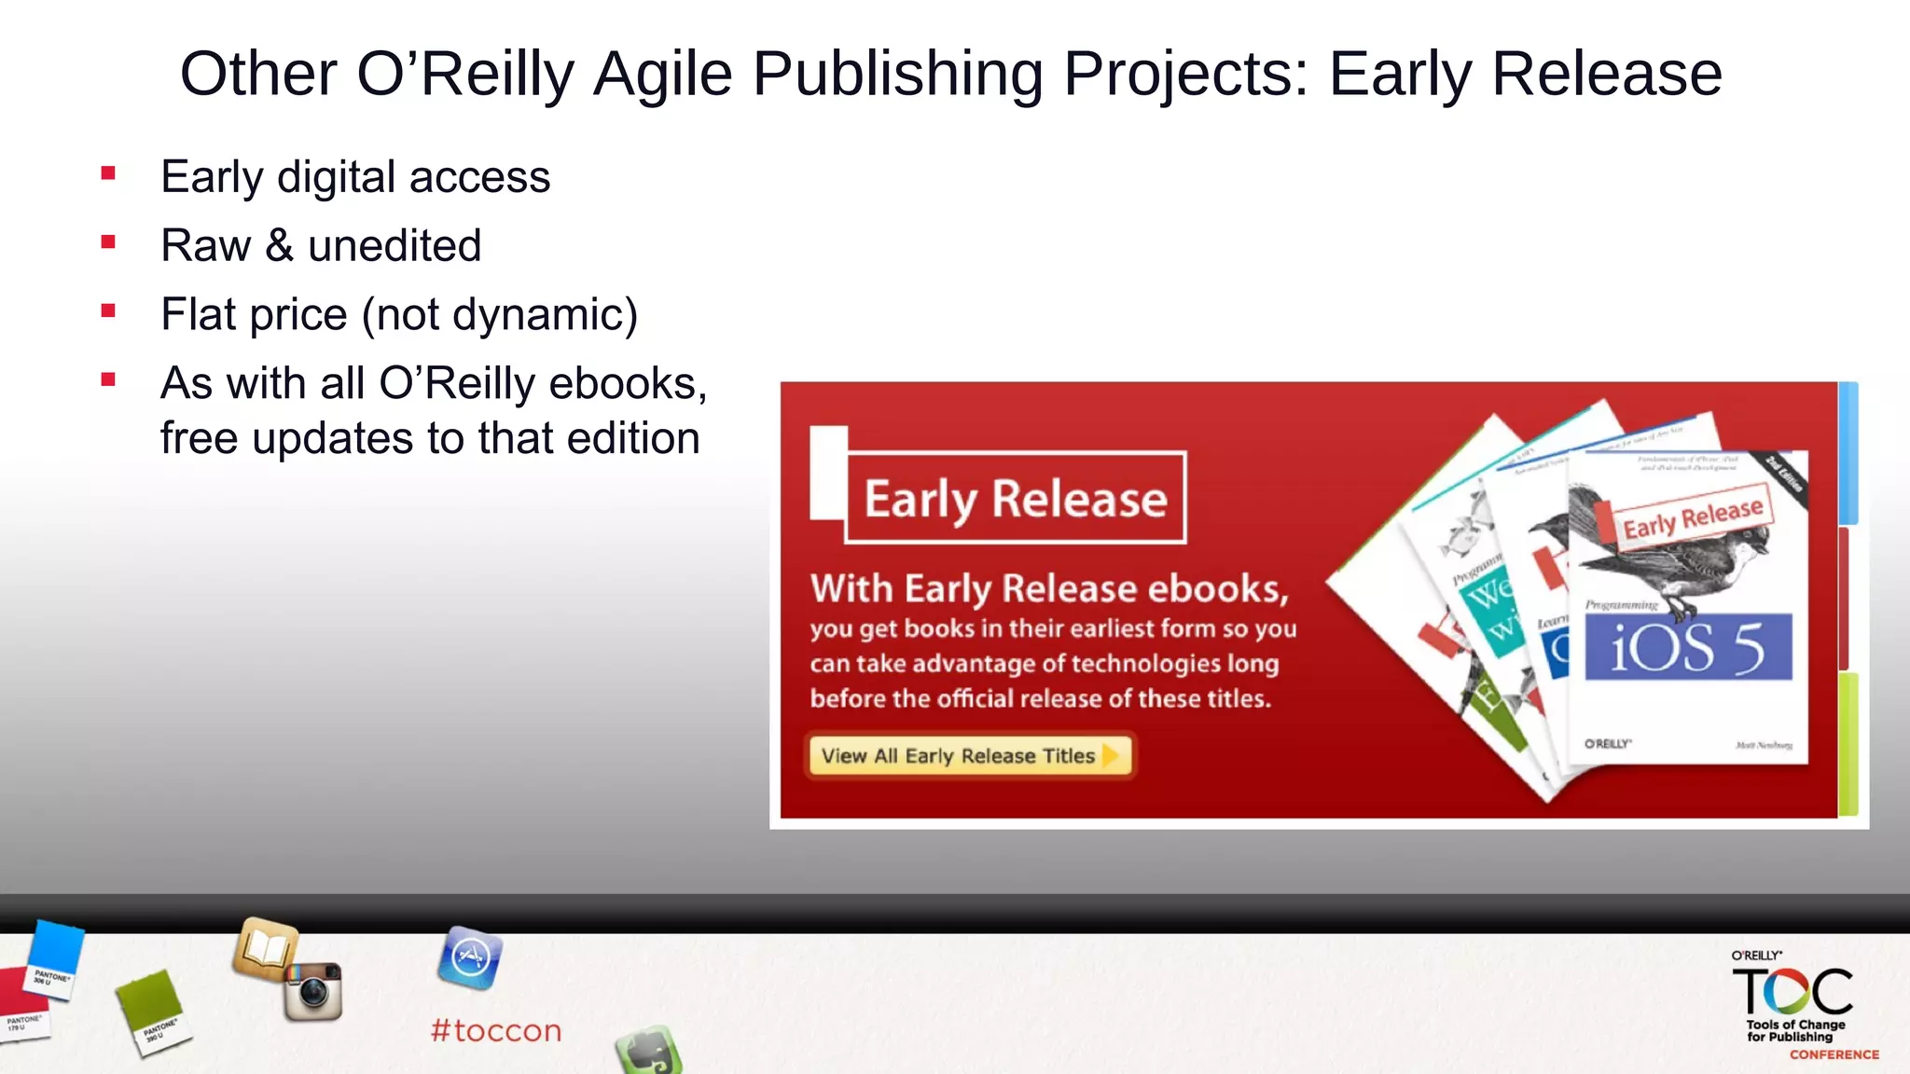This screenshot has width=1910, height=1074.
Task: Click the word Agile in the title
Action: click(x=662, y=75)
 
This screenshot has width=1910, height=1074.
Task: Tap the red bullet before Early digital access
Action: click(x=109, y=173)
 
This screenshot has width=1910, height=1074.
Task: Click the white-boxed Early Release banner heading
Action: click(x=1015, y=498)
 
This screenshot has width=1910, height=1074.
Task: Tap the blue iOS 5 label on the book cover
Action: click(x=1688, y=647)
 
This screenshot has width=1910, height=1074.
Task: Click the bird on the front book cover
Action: click(x=1669, y=559)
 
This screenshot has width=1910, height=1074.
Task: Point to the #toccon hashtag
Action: click(x=496, y=1030)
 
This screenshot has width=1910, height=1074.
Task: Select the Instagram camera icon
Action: click(x=314, y=991)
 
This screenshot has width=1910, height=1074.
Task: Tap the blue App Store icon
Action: click(x=470, y=957)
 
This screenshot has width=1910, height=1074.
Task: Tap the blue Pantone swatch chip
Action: click(x=54, y=957)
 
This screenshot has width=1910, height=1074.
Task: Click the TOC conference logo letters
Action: click(x=1792, y=991)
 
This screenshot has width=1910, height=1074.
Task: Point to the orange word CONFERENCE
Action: click(x=1834, y=1054)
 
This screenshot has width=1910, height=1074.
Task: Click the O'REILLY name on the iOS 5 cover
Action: click(x=1608, y=743)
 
